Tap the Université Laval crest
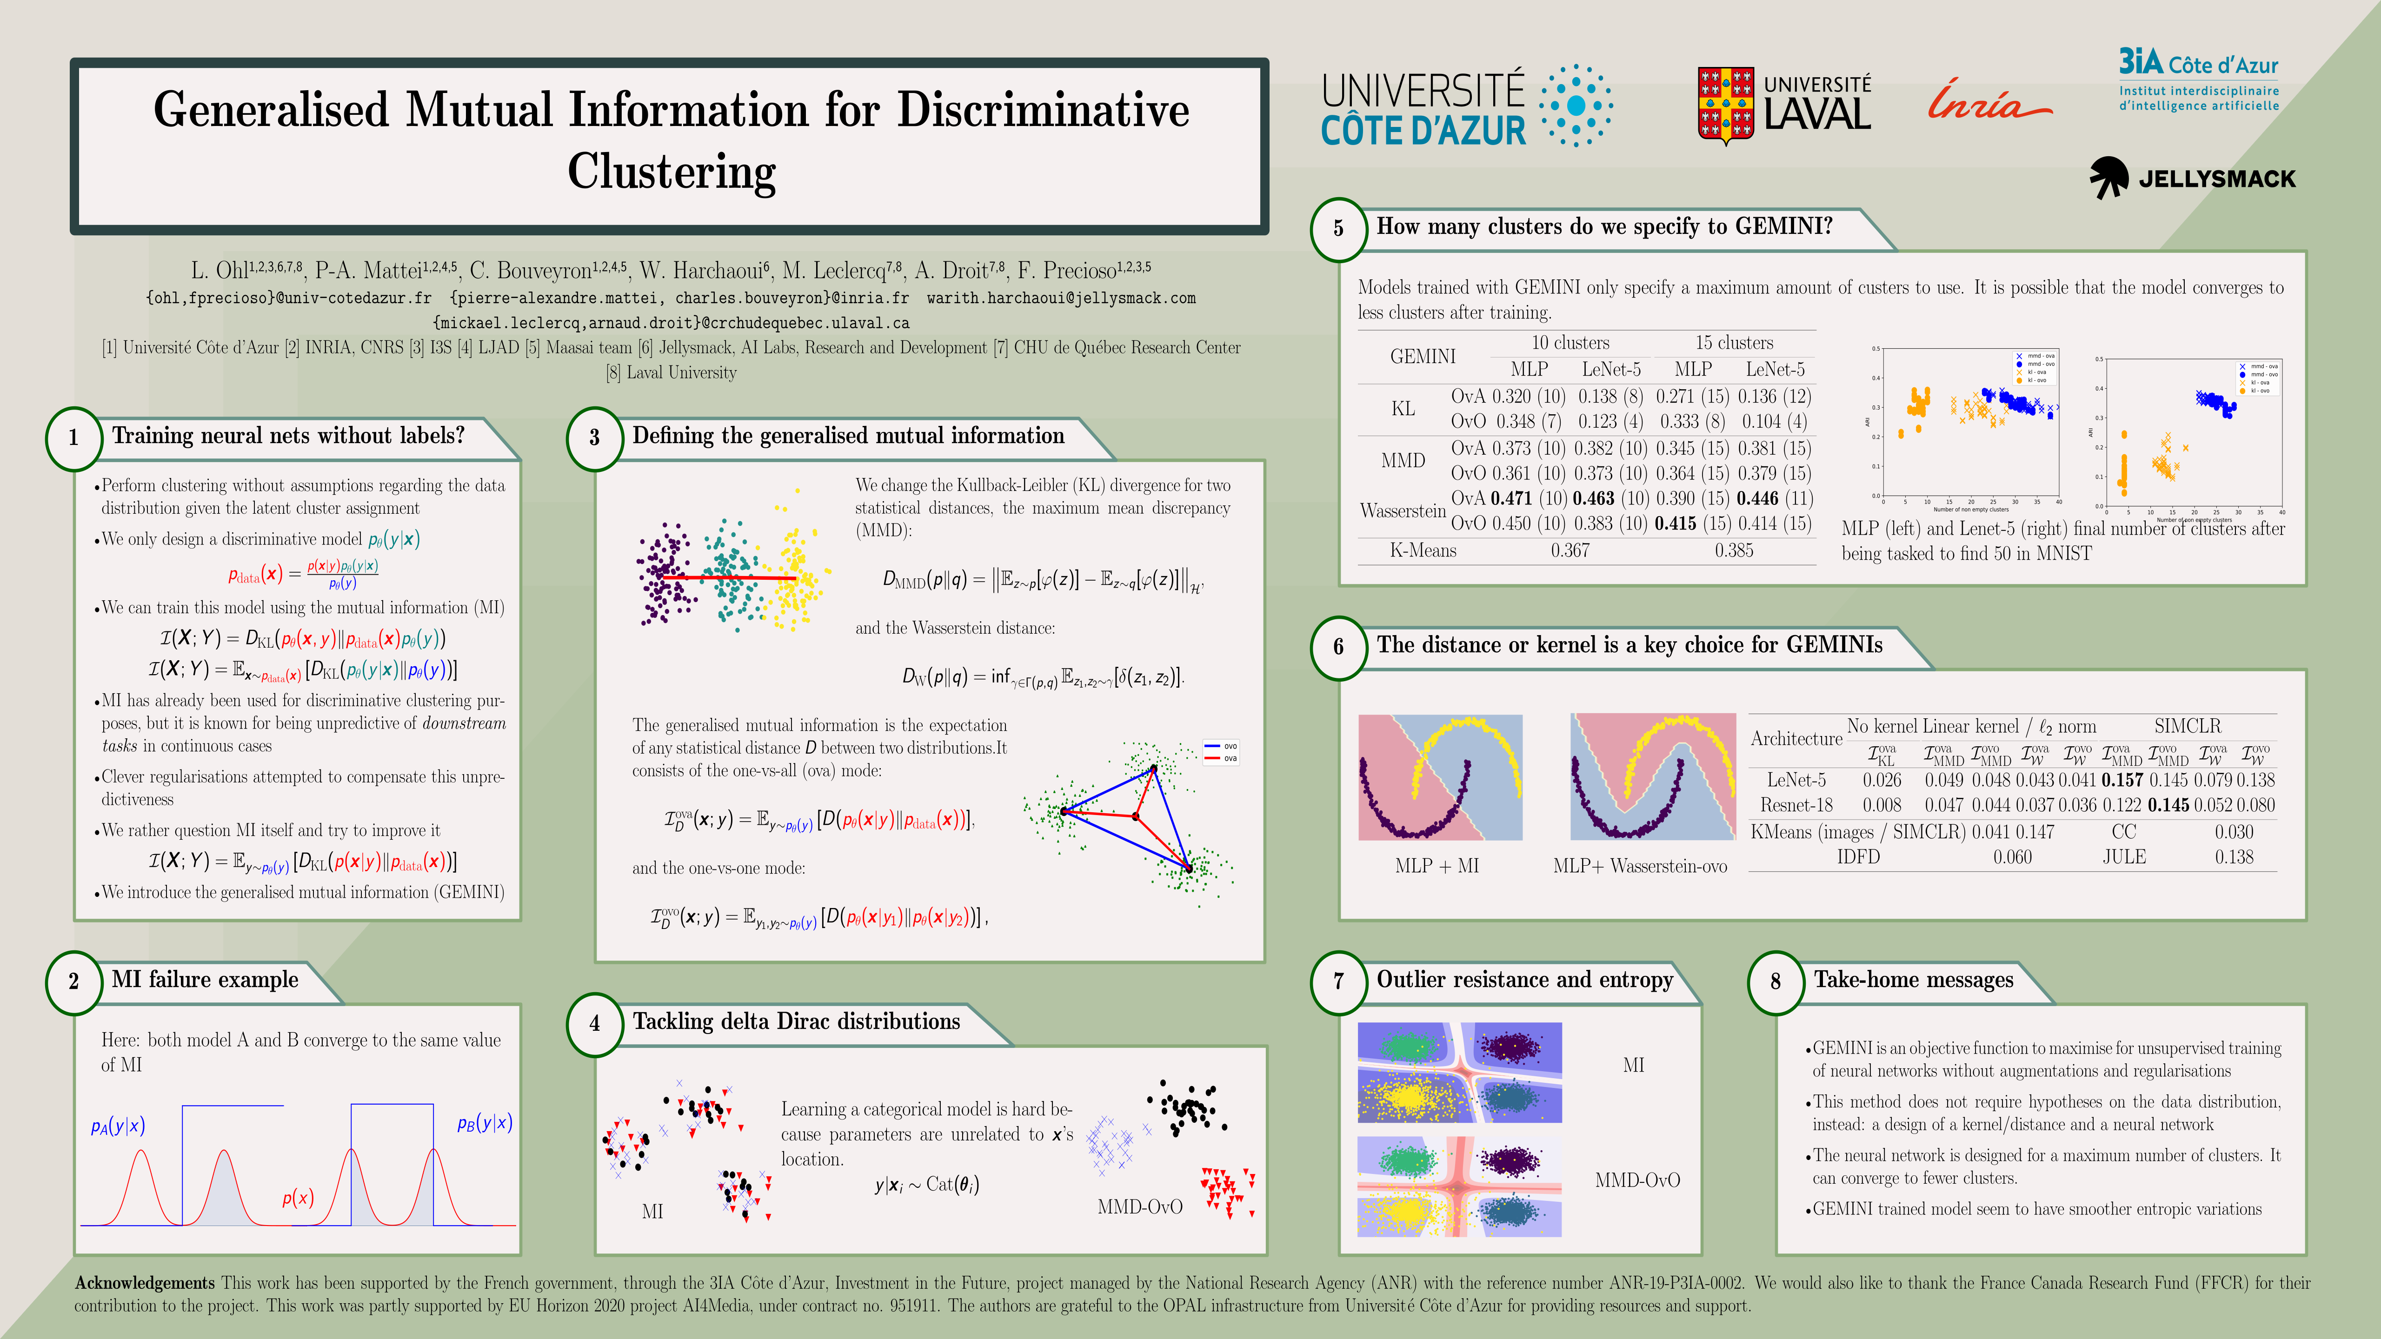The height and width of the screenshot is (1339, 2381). click(1725, 105)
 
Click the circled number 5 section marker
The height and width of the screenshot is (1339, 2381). click(1337, 228)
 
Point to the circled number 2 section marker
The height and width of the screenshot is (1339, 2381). click(73, 981)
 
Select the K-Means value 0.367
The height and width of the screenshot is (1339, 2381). click(1570, 551)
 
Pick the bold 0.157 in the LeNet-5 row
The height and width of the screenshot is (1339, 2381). click(2122, 780)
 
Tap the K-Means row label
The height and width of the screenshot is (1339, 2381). click(1423, 551)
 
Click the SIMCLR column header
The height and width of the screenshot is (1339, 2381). click(2187, 726)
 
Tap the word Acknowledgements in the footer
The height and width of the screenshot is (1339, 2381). click(144, 1283)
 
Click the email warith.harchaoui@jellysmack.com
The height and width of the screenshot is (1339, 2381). click(1061, 298)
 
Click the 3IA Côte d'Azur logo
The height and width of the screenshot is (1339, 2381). click(2198, 80)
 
